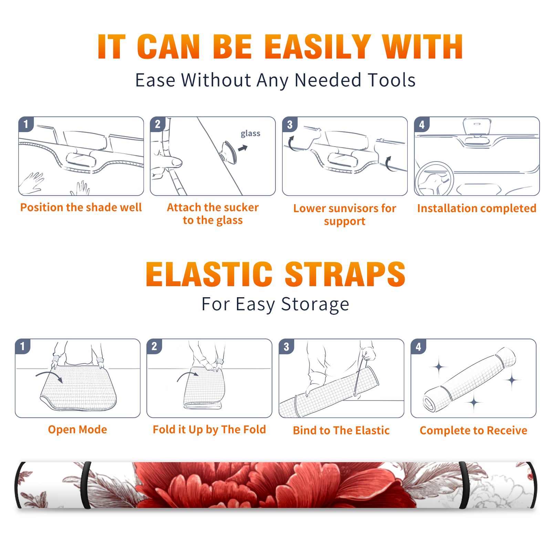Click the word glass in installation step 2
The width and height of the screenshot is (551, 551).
click(x=250, y=134)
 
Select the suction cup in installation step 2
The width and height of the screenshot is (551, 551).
click(x=229, y=152)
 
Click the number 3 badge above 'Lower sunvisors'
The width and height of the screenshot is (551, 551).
click(x=290, y=124)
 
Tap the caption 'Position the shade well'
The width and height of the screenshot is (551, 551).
click(x=81, y=207)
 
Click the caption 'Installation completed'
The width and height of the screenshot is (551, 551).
click(x=477, y=208)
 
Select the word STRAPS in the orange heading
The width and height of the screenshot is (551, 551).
click(x=345, y=274)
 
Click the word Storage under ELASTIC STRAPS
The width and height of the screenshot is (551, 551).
click(x=315, y=305)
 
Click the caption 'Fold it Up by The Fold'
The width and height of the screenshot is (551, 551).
click(x=209, y=429)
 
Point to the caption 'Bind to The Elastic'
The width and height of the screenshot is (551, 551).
click(x=341, y=430)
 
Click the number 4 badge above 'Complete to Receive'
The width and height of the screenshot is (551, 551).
click(x=418, y=346)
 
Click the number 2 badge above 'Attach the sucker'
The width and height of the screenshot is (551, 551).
click(x=158, y=124)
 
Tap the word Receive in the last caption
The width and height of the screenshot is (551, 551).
click(x=507, y=430)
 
